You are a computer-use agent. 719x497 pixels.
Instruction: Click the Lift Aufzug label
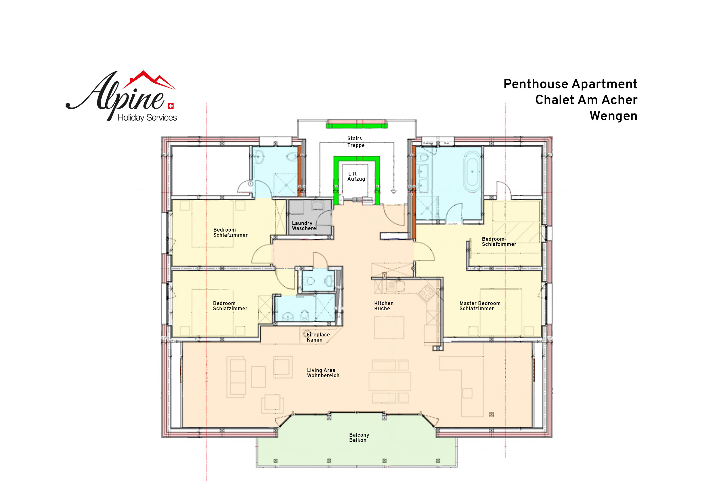point(356,176)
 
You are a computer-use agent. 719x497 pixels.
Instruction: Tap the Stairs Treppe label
point(355,142)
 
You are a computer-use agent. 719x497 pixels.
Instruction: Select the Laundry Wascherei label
point(305,226)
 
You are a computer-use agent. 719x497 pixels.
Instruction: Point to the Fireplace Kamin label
point(318,337)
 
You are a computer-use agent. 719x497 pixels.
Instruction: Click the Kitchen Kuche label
point(384,306)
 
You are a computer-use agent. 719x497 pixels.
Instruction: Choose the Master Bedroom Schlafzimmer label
point(480,306)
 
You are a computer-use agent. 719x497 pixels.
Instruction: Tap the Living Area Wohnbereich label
point(323,373)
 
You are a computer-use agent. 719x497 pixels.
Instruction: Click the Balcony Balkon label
point(359,437)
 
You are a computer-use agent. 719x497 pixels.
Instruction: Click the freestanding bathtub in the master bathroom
point(472,172)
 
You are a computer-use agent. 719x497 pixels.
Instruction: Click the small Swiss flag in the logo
point(171,106)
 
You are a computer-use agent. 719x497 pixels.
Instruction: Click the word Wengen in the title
point(613,116)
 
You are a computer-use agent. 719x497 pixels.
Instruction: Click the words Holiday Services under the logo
point(147,118)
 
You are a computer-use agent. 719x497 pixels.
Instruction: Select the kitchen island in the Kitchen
point(389,328)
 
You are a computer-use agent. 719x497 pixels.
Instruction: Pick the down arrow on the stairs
point(394,192)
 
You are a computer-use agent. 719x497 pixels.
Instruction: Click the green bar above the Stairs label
point(357,126)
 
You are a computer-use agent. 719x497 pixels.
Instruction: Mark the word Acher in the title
point(619,100)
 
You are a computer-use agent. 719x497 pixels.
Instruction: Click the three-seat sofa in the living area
point(238,377)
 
